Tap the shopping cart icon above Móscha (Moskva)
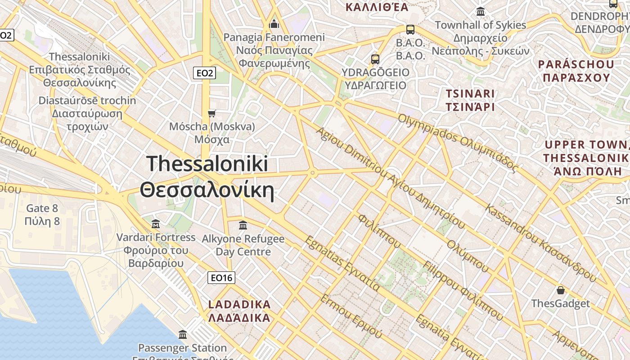211,113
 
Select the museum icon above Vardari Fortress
156,224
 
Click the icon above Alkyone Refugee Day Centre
243,225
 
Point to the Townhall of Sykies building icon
481,12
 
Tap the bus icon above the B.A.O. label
410,30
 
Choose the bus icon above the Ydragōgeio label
375,59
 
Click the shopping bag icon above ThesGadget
560,290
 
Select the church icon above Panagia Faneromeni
274,24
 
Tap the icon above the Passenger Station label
183,334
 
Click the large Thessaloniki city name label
207,177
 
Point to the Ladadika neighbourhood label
239,311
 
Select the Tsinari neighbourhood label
470,100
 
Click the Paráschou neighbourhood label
576,71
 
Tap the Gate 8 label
42,215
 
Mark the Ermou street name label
351,316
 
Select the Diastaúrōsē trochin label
87,113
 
